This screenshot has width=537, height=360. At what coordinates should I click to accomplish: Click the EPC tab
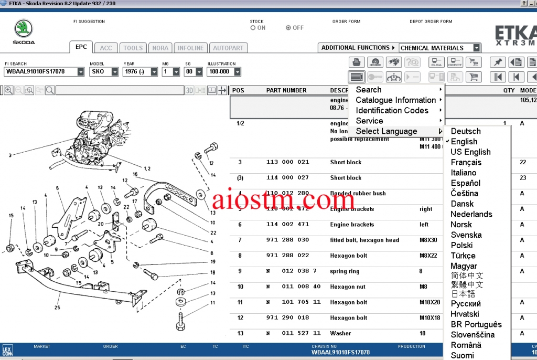click(x=81, y=47)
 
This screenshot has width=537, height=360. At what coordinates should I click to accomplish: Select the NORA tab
click(x=160, y=48)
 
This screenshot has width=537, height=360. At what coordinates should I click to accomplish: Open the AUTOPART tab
click(x=228, y=48)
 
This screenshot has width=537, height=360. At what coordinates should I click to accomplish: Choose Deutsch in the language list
click(x=466, y=131)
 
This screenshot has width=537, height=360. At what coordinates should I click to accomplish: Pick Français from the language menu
click(x=466, y=162)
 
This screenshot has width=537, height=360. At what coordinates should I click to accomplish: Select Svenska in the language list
click(x=466, y=235)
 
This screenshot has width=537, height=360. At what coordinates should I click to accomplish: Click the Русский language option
click(x=466, y=303)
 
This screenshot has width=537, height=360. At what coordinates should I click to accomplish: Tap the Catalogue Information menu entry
click(x=395, y=100)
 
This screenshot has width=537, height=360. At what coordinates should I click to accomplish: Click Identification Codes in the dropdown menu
click(x=392, y=110)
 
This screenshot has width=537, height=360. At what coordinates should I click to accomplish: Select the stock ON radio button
click(x=253, y=28)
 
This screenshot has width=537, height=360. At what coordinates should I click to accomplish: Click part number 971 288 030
click(x=288, y=240)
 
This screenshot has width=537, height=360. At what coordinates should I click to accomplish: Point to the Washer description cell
click(x=340, y=333)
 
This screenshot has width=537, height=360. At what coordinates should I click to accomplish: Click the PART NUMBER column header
click(x=286, y=90)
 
